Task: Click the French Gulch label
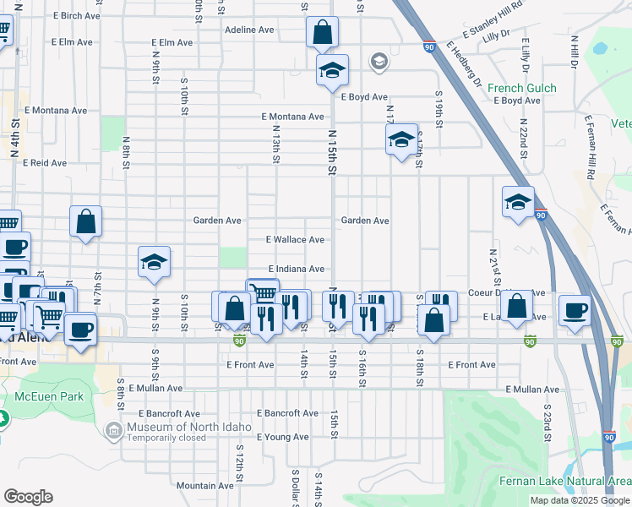click(521, 88)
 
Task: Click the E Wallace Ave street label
click(295, 240)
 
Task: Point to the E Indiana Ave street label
click(296, 269)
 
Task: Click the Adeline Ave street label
click(250, 30)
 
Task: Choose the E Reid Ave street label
click(46, 162)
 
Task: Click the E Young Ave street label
click(282, 437)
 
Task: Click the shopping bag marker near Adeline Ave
click(322, 34)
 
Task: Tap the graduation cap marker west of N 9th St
click(154, 264)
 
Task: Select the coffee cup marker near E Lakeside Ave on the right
click(575, 310)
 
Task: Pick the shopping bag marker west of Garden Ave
click(85, 222)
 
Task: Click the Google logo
click(28, 497)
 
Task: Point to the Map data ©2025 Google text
click(579, 500)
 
